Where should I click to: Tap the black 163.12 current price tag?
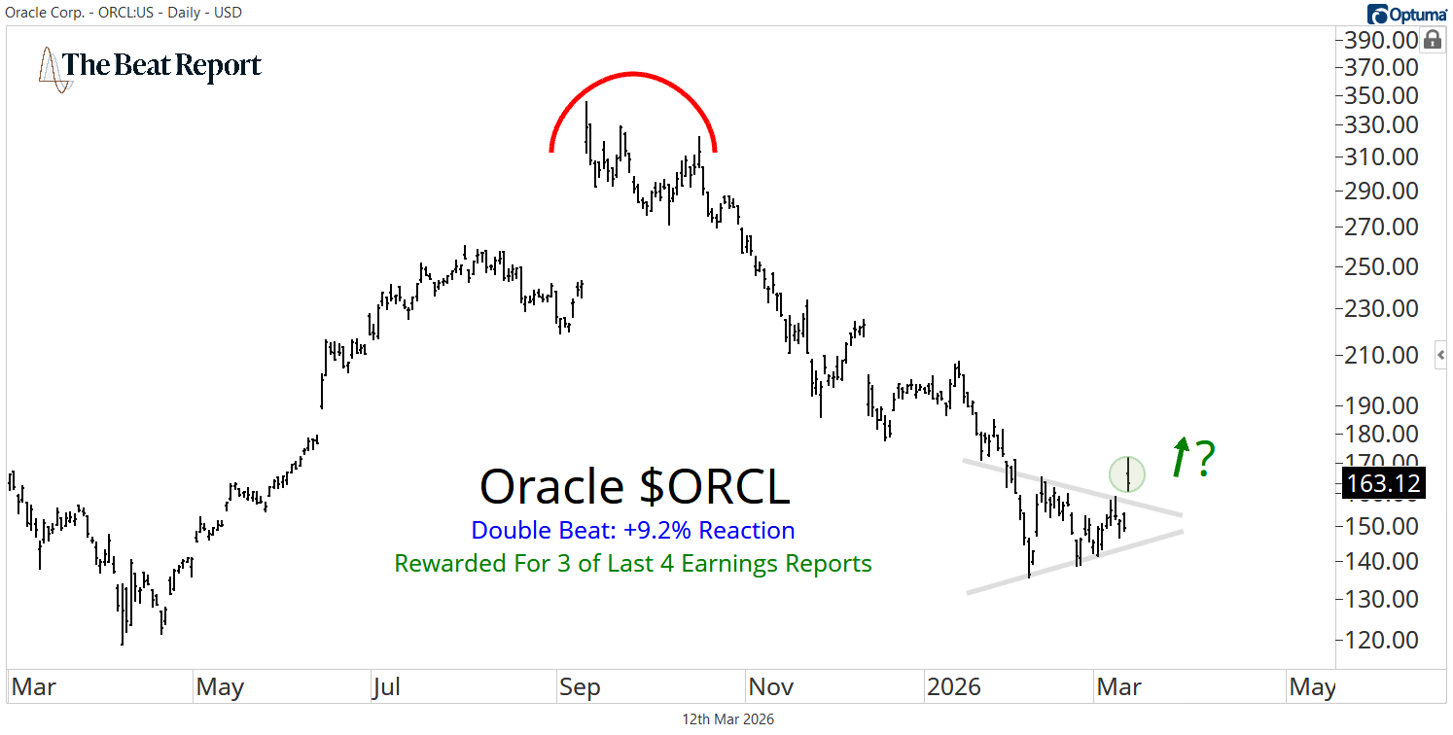coord(1383,483)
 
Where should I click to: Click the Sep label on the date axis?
coord(580,687)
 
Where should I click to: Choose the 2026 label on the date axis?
coord(953,687)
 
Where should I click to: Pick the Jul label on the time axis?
coord(386,687)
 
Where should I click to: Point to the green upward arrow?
coord(1180,457)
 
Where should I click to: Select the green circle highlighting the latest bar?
coord(1127,473)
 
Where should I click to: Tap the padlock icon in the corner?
coord(1433,40)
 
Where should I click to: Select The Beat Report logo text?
coord(161,66)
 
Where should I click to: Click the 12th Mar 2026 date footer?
coord(728,719)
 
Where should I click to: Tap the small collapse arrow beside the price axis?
coord(1441,356)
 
